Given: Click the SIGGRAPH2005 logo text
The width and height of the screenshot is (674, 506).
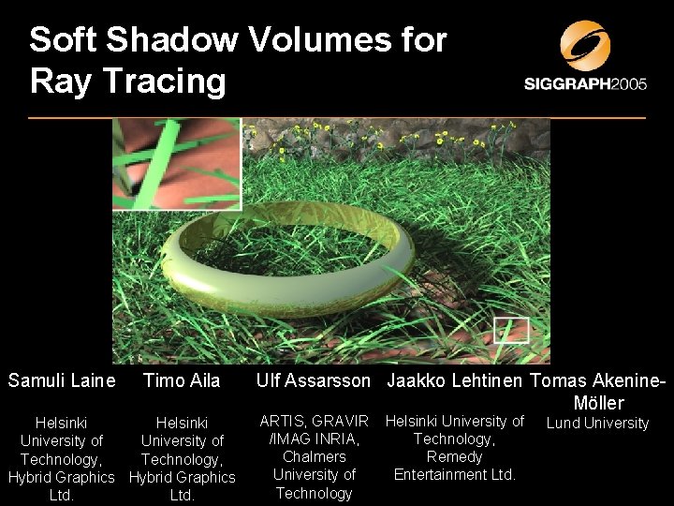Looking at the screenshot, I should click(x=586, y=84).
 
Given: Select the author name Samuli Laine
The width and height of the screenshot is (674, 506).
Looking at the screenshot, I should click(x=62, y=380).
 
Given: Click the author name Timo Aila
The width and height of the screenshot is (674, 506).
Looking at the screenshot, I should click(x=182, y=380).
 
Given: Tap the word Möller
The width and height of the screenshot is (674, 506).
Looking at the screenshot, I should click(x=599, y=402).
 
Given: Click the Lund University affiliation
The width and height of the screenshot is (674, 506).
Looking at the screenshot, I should click(x=598, y=424).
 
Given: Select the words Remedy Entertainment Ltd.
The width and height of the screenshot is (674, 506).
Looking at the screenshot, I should click(x=455, y=466).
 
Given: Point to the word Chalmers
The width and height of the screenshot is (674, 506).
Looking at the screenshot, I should click(x=315, y=456).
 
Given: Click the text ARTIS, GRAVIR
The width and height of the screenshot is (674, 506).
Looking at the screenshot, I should click(x=315, y=421).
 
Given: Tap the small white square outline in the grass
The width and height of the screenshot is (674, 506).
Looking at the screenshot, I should click(x=511, y=330).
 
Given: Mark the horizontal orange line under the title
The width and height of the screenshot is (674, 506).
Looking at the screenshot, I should click(x=337, y=118).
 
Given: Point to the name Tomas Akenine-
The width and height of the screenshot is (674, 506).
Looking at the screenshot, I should click(x=598, y=380).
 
